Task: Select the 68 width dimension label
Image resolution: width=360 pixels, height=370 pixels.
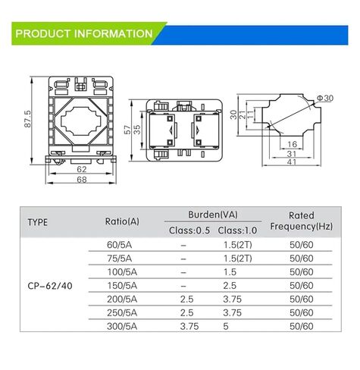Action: pos(80,179)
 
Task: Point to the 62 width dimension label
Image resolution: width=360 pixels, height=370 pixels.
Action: pos(80,170)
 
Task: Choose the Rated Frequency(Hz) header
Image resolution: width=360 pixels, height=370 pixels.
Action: pos(302,221)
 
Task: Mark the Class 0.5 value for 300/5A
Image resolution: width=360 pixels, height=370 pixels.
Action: pos(189,327)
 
